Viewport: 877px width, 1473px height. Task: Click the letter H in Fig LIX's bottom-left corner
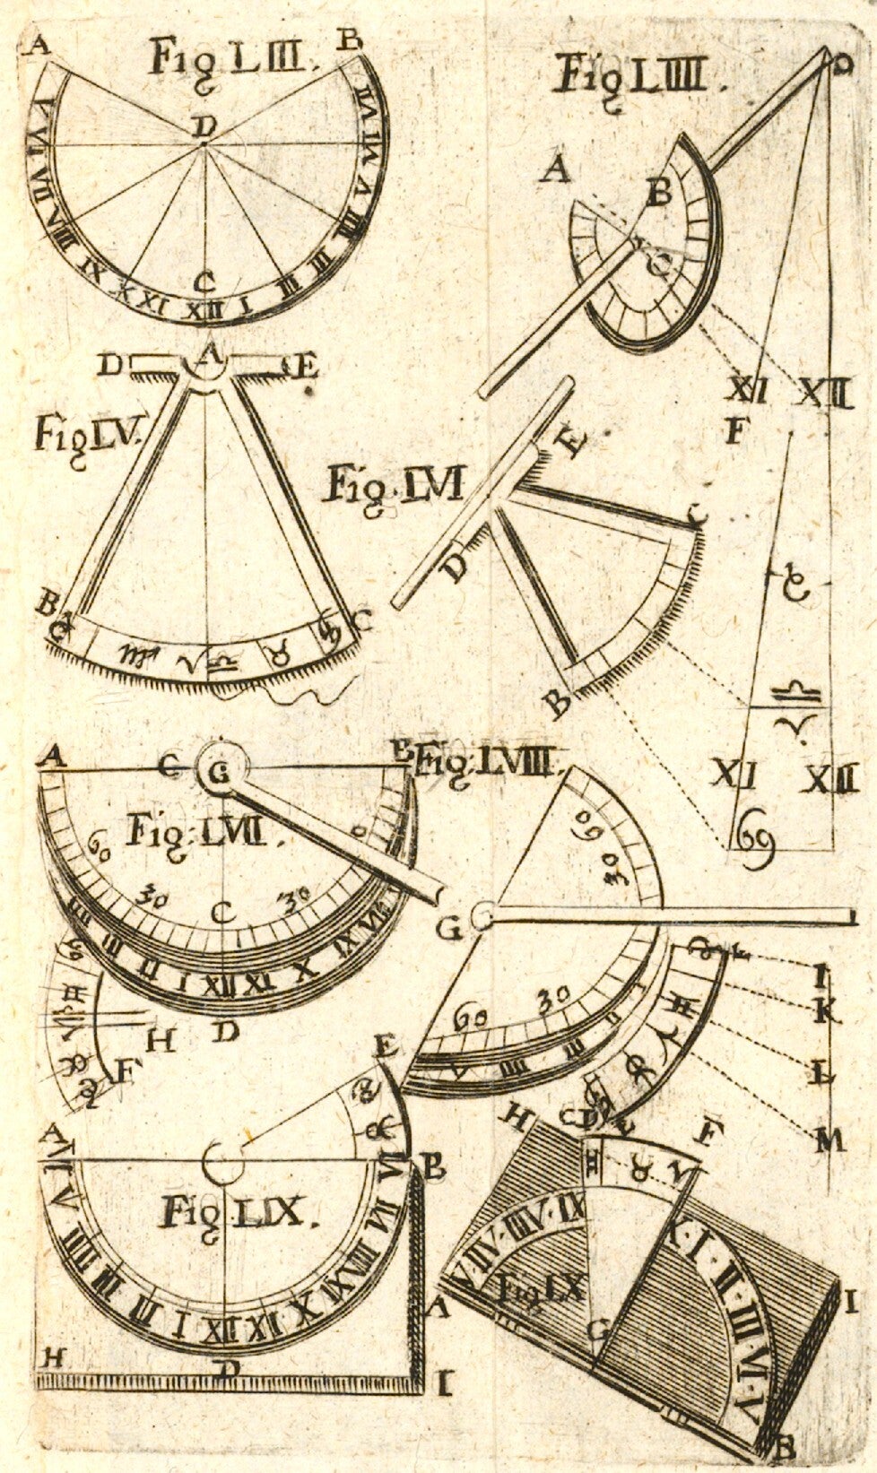point(52,1357)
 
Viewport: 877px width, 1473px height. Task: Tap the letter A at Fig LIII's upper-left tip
point(38,45)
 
